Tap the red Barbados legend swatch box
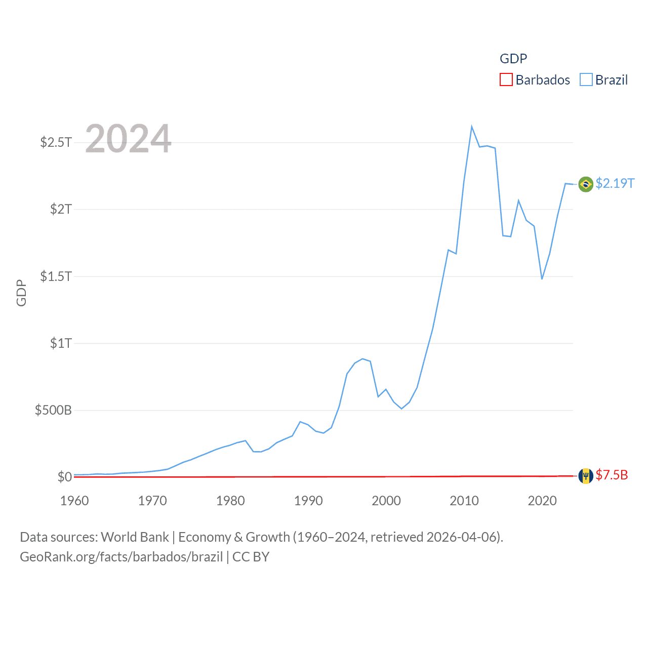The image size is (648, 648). pos(506,80)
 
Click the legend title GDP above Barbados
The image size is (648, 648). pos(513,59)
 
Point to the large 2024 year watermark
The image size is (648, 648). pos(128,138)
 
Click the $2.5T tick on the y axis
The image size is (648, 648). pos(56,142)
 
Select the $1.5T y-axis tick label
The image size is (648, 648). pos(56,276)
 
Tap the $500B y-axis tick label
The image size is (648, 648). pos(53,410)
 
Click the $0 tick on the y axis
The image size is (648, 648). pos(64,477)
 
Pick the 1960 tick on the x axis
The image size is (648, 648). pos(74,501)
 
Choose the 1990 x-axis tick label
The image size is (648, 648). pos(308,501)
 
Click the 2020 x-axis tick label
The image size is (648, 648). pos(542,501)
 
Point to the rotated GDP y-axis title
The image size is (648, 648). pos(21,293)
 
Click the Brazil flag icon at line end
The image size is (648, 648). pos(586,184)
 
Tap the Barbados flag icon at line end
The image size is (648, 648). pos(586,476)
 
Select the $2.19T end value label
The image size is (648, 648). pos(615,183)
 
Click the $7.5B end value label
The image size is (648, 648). pos(612,475)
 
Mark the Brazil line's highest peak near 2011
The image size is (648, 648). pos(471,127)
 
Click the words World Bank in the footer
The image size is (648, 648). pos(135,537)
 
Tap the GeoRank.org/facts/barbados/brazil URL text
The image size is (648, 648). pos(121,557)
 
